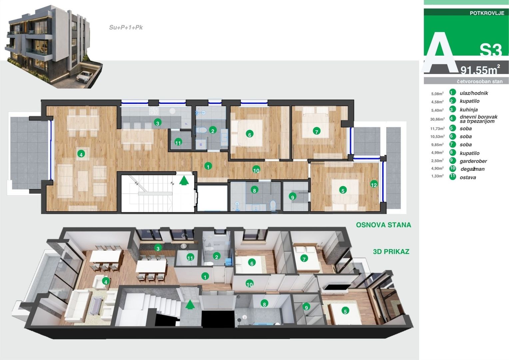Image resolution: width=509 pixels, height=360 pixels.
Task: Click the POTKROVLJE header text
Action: [x=486, y=13]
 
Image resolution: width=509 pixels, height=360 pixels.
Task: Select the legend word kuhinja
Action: [x=469, y=110]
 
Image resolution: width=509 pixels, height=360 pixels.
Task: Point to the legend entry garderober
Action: [x=473, y=161]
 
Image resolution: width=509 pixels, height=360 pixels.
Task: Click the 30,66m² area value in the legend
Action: [x=437, y=119]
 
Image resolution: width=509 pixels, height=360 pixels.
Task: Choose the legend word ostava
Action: [x=468, y=178]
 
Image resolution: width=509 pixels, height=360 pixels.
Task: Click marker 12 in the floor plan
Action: [x=374, y=185]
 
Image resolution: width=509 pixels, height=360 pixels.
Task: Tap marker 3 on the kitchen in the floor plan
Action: [x=158, y=123]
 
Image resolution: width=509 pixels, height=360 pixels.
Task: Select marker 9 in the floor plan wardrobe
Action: [x=292, y=197]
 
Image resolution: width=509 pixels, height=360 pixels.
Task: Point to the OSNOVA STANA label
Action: [x=383, y=225]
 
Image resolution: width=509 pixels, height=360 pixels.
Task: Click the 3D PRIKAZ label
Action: [x=391, y=252]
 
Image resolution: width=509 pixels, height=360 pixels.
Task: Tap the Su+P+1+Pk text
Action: [x=126, y=28]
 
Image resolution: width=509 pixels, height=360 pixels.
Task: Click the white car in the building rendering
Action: [x=84, y=76]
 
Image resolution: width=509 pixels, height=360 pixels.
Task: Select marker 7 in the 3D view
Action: [x=304, y=258]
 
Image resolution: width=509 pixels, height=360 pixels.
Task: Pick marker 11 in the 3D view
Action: [x=190, y=258]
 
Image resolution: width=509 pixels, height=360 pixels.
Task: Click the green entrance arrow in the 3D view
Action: [x=190, y=305]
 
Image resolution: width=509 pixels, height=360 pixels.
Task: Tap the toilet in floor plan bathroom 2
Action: [x=200, y=130]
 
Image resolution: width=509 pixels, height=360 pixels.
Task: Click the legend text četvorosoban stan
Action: [x=479, y=81]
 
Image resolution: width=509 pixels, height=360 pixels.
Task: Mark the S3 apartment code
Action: [x=491, y=50]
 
